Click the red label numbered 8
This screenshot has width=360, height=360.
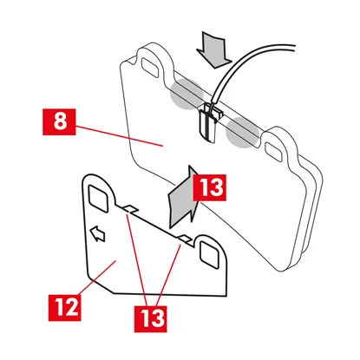59,121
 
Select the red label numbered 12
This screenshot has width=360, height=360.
65,307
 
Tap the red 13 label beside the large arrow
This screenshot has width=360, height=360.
210,187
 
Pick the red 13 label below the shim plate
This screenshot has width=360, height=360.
150,318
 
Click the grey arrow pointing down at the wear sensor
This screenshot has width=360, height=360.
214,49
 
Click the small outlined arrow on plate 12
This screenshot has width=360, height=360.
97,234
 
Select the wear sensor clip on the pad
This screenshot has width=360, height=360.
209,121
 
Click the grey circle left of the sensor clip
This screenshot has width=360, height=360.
186,94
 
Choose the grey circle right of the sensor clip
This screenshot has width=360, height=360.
242,133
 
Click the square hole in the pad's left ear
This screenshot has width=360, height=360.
150,67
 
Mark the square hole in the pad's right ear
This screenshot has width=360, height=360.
273,151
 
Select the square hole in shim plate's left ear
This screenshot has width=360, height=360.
99,199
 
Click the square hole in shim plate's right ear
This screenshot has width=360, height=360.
209,255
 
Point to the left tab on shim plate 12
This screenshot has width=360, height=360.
129,209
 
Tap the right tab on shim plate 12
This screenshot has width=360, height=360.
185,239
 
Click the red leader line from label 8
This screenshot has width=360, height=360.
119,136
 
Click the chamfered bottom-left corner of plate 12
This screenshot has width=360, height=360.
100,285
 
